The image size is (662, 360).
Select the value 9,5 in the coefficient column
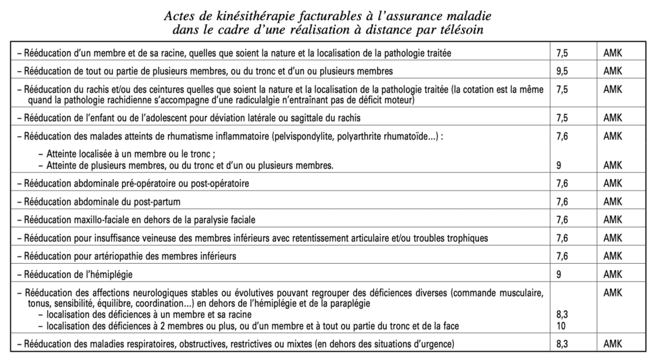tap(562, 70)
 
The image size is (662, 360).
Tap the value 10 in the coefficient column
tap(560, 324)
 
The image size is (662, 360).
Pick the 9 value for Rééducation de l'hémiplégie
tap(558, 275)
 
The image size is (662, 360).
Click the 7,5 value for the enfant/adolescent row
tap(562, 118)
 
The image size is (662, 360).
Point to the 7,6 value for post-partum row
tap(562, 202)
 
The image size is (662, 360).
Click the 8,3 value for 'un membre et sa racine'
tap(562, 314)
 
